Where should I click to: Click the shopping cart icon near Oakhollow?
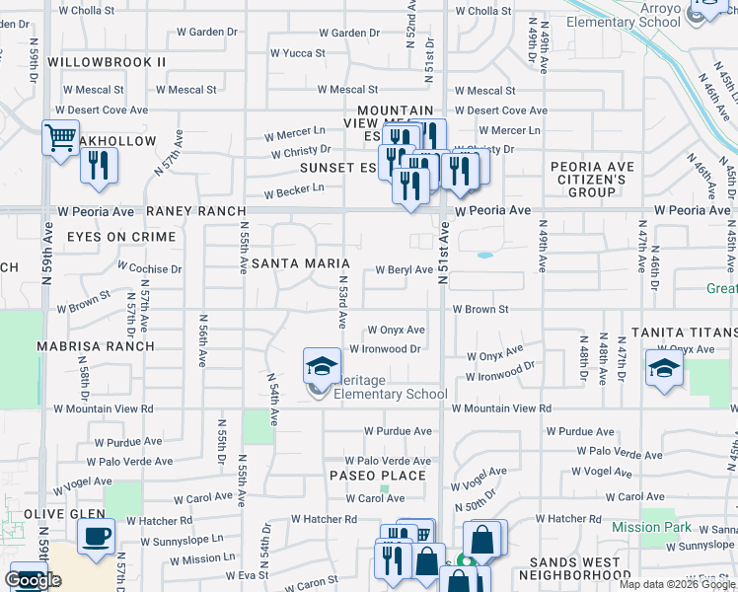[60, 137]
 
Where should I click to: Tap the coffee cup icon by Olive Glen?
[96, 537]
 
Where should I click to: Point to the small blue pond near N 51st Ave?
[484, 256]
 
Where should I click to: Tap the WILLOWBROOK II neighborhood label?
[107, 62]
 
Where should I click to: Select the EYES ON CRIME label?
[121, 237]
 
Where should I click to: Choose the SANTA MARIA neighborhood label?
[301, 263]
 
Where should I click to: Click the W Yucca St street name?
[297, 52]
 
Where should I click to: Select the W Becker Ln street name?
[293, 188]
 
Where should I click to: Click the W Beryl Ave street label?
[404, 269]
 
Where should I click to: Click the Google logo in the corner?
[34, 580]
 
